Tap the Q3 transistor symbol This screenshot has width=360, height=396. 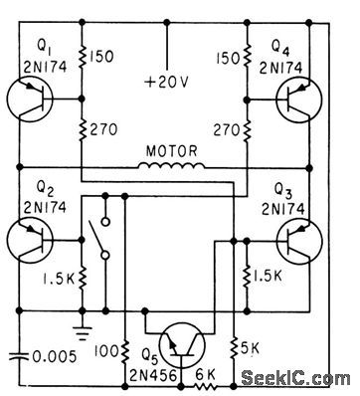click(x=297, y=240)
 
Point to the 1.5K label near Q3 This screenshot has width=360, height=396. click(x=265, y=275)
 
